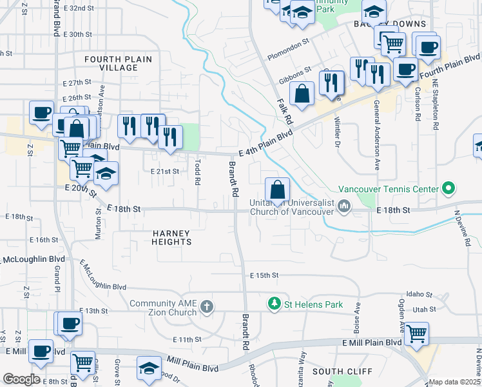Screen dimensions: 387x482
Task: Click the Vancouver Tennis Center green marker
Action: click(449, 189)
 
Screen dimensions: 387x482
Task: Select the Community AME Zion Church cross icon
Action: click(206, 305)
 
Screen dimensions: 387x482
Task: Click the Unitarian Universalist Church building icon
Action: click(344, 206)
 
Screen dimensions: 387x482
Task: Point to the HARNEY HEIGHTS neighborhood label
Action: click(172, 237)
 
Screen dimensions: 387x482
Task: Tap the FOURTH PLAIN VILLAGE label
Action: click(119, 64)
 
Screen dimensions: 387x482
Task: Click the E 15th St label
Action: click(264, 275)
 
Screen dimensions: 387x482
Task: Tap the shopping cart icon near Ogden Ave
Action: click(417, 333)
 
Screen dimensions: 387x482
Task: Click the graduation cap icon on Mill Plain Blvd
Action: click(149, 368)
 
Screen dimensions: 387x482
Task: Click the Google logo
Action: click(21, 379)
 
